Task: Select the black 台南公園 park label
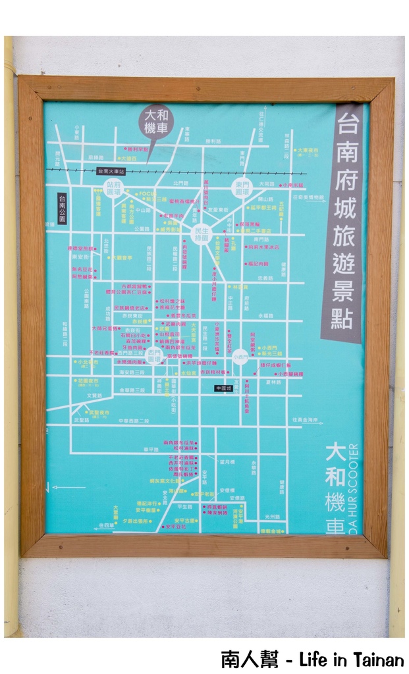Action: click(x=62, y=209)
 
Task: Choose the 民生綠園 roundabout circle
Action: click(x=201, y=233)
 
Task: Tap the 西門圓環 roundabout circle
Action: click(x=155, y=356)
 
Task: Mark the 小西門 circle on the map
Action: click(x=240, y=356)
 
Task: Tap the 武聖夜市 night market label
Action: click(x=99, y=413)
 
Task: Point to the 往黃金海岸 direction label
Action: click(x=304, y=419)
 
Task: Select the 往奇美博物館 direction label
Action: click(x=308, y=197)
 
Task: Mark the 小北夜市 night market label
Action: click(x=87, y=361)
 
